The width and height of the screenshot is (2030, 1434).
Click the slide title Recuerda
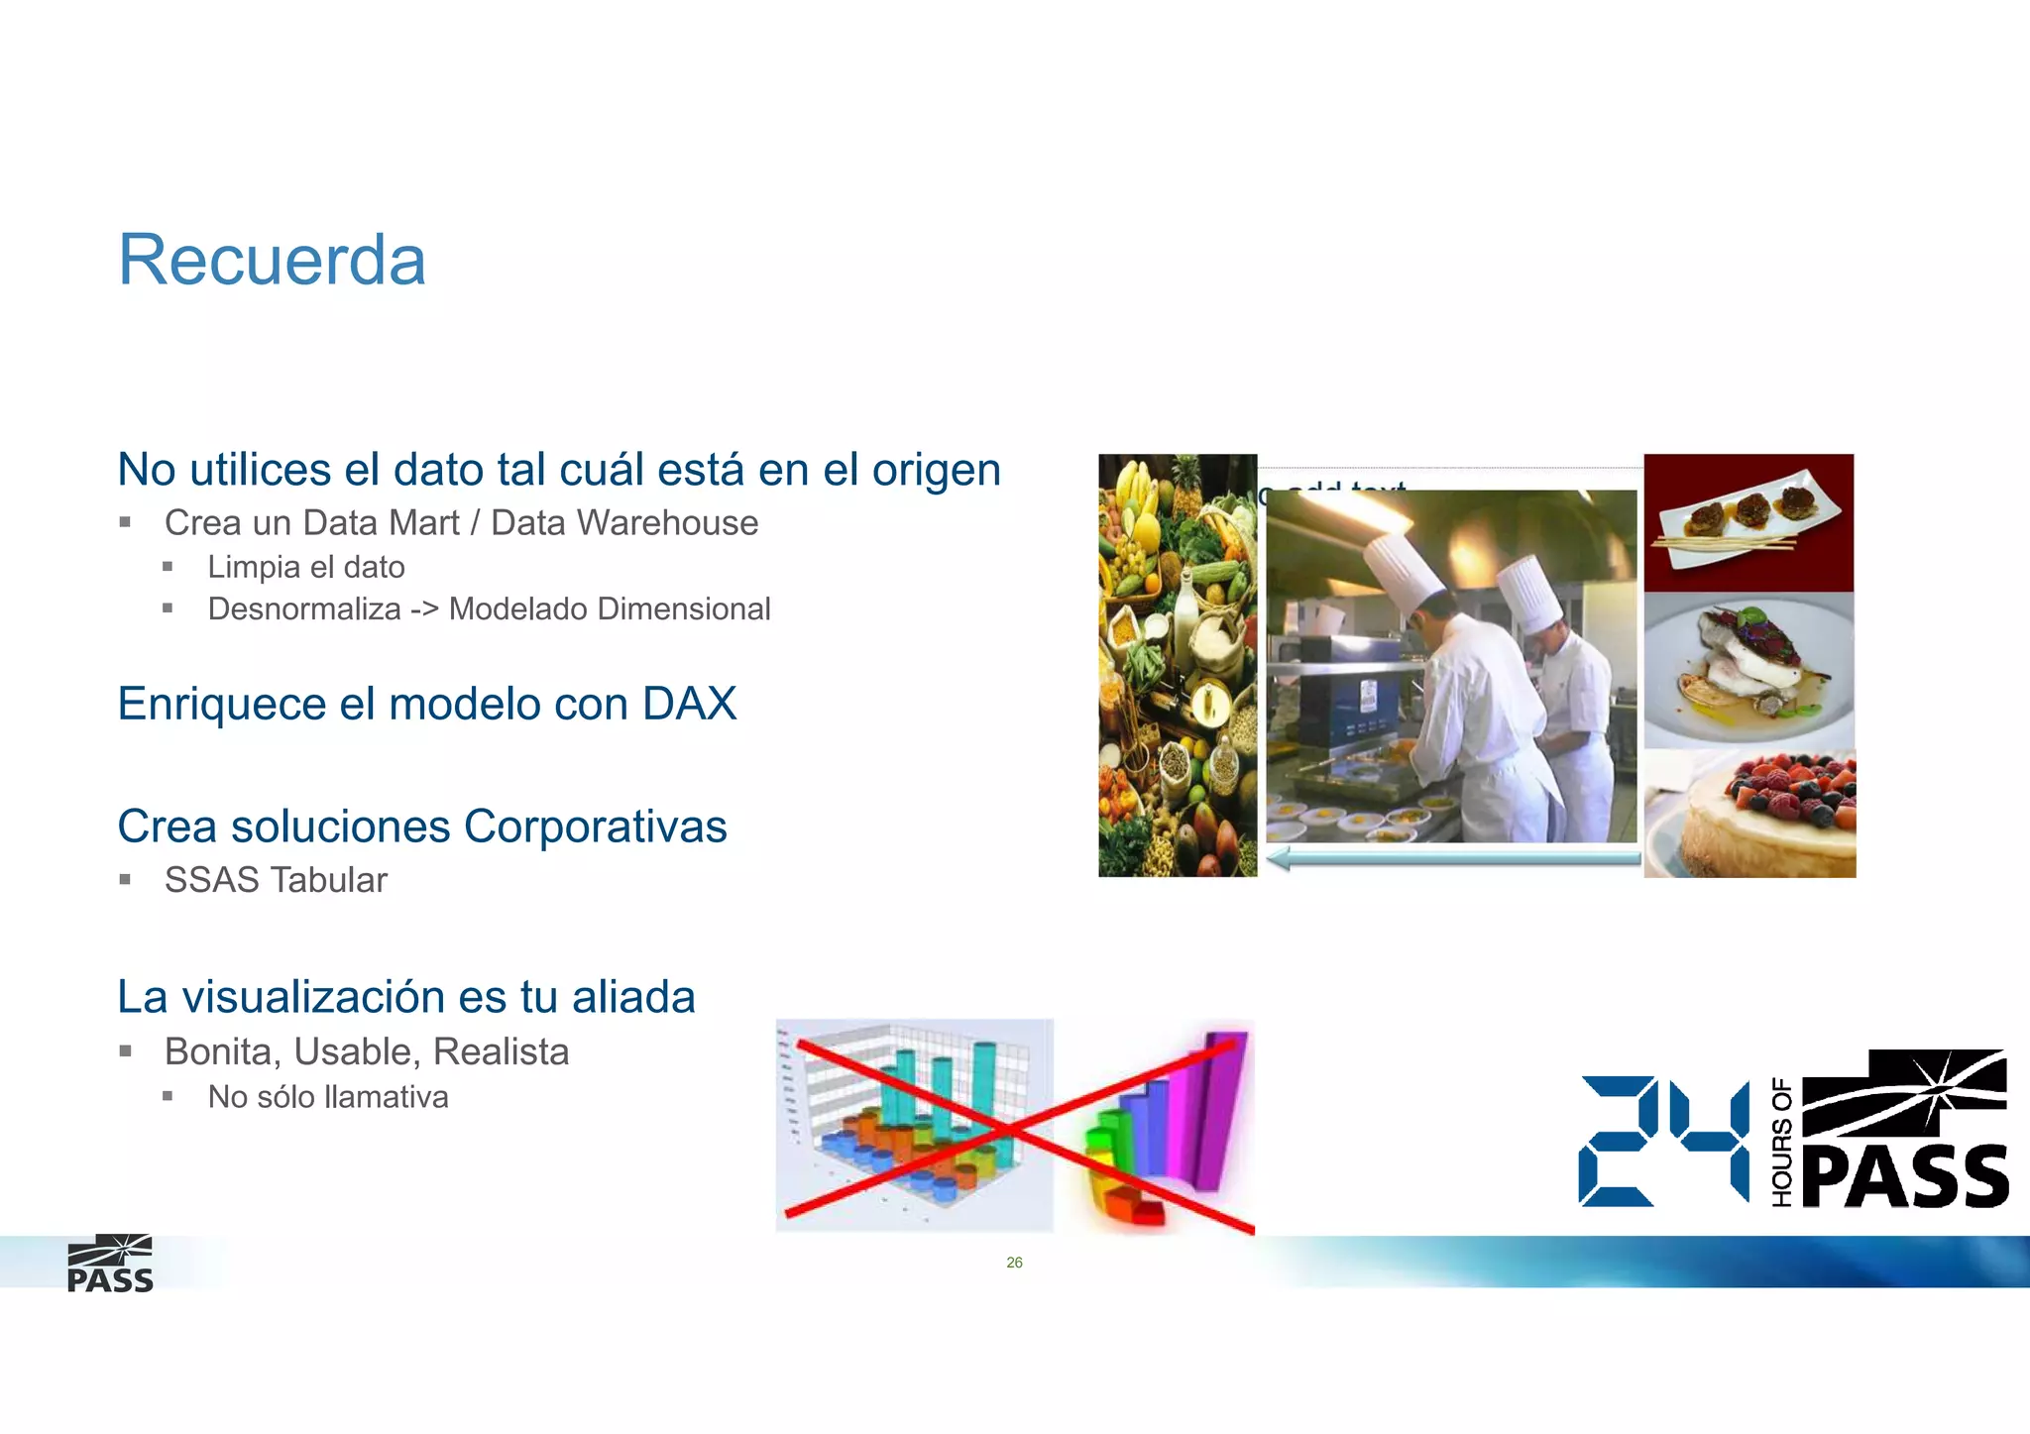click(x=272, y=261)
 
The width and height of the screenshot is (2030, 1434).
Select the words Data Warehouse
click(x=624, y=522)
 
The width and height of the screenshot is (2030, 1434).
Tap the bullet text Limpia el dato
click(x=306, y=567)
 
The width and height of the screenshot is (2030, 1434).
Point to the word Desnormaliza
click(x=304, y=608)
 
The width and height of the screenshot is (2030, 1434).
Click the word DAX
click(x=689, y=704)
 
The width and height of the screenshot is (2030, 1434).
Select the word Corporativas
click(x=595, y=827)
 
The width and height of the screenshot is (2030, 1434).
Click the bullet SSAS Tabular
click(x=276, y=880)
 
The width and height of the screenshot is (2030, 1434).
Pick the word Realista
click(x=501, y=1051)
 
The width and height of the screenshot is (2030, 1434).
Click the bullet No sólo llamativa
click(x=328, y=1097)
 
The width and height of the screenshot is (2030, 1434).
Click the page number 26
click(x=1014, y=1263)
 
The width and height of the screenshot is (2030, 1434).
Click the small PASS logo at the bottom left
click(x=110, y=1265)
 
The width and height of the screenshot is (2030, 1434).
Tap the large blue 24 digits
click(x=1664, y=1142)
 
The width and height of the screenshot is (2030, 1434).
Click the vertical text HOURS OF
click(x=1782, y=1142)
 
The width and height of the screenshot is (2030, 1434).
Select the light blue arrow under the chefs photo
click(x=1452, y=858)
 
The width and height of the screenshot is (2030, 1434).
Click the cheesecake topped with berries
click(x=1750, y=815)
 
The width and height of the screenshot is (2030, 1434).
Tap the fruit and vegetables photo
click(x=1178, y=666)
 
